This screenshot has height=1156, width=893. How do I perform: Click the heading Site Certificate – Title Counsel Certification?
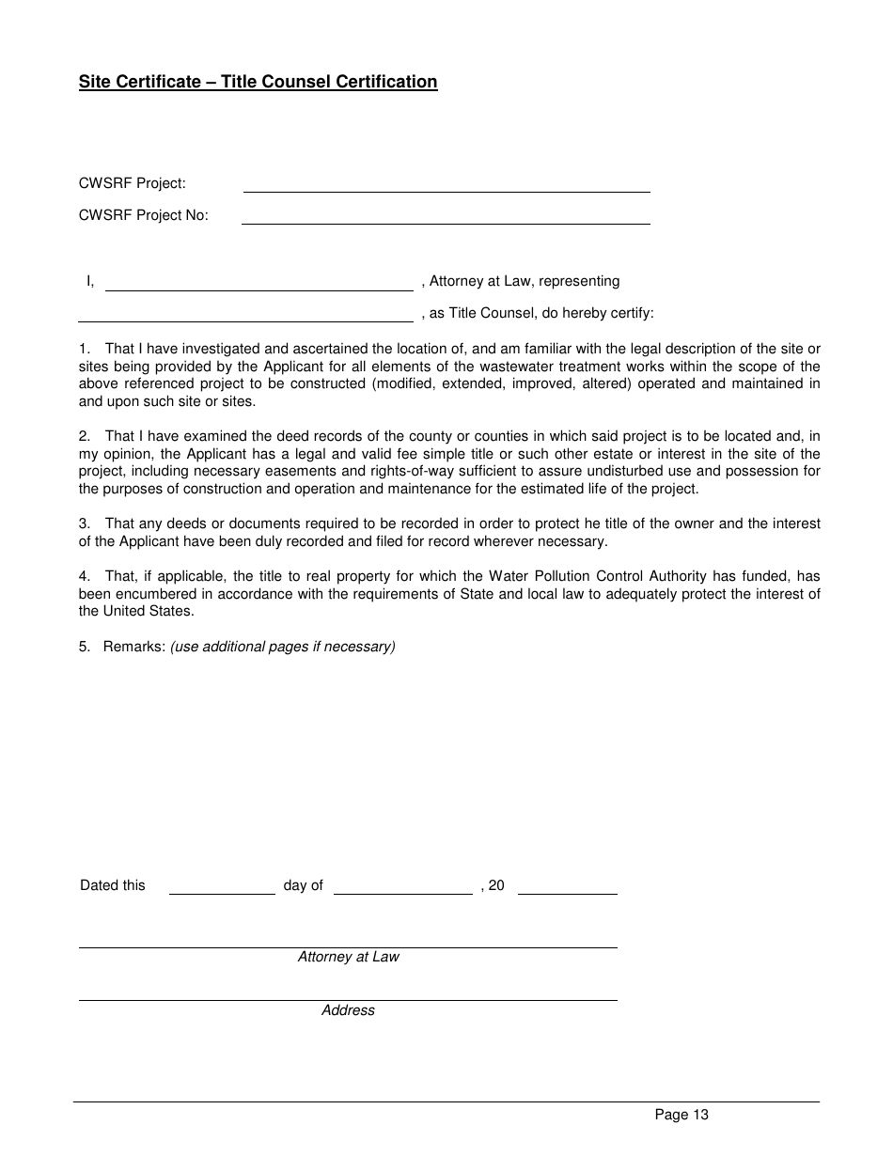[258, 82]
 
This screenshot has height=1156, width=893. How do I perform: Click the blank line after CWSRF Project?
[446, 185]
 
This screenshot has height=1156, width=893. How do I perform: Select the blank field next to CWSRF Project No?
[446, 217]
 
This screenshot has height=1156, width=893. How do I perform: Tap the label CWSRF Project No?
[144, 215]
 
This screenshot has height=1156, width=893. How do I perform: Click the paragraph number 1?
[84, 350]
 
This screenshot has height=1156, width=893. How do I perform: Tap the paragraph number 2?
[84, 436]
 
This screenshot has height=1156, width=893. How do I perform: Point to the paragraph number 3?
[84, 523]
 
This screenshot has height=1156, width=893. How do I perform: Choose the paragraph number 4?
[84, 576]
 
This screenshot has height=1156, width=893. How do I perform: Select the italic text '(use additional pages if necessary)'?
[283, 647]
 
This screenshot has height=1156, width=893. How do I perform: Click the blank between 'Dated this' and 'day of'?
[222, 888]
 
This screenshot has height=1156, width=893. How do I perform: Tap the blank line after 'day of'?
[403, 888]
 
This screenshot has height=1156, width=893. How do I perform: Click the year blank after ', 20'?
[567, 888]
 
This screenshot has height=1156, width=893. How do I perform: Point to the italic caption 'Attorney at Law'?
[348, 957]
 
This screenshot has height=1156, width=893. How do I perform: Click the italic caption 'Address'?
[348, 1010]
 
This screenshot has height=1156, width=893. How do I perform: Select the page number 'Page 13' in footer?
[681, 1116]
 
